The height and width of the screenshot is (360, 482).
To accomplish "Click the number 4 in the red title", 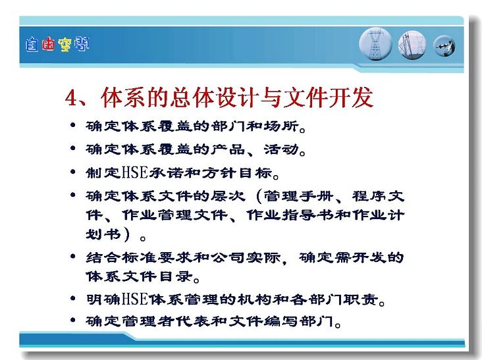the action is (71, 97).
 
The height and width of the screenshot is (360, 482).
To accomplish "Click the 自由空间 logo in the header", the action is (57, 45).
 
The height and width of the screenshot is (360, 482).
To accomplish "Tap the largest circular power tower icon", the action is (375, 44).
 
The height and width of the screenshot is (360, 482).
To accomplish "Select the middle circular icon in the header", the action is (412, 45).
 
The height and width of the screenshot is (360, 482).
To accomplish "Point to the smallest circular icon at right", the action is (444, 46).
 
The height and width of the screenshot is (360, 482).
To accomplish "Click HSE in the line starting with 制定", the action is (135, 172).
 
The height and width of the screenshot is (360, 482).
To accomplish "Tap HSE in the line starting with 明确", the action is (135, 299).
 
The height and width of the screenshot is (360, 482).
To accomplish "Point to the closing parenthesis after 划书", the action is (127, 235).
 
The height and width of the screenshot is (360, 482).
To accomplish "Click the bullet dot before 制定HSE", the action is (73, 171).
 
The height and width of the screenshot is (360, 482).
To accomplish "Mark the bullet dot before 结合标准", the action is (73, 256).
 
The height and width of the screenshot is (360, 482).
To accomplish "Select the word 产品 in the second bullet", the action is (228, 149).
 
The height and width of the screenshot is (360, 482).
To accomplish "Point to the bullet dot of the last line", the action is (73, 320).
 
